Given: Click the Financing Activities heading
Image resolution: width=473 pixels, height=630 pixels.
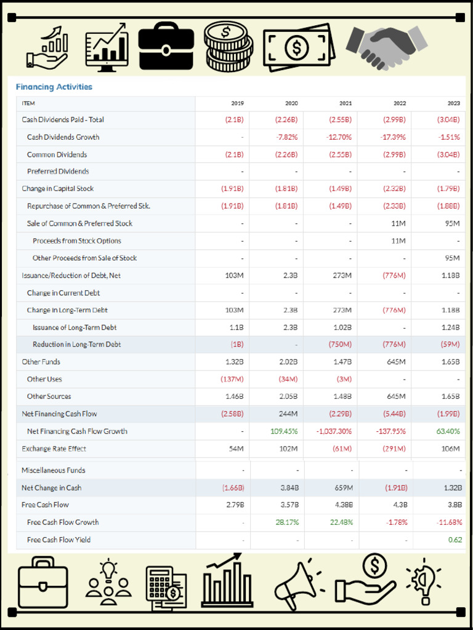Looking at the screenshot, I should click(x=54, y=87).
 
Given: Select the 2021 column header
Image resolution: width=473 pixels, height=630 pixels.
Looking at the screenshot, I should click(x=346, y=103).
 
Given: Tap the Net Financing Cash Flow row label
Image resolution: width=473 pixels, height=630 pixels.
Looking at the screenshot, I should click(x=59, y=413).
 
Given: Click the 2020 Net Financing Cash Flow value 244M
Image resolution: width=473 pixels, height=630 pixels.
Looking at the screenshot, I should click(x=287, y=413).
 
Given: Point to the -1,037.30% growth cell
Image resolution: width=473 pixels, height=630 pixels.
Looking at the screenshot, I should click(x=334, y=431).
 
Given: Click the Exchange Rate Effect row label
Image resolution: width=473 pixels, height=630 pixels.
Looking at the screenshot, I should click(x=54, y=449).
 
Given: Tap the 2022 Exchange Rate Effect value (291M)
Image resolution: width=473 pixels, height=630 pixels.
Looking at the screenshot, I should click(x=394, y=449).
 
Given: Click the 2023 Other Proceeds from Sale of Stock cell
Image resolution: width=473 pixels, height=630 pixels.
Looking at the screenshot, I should click(x=451, y=258).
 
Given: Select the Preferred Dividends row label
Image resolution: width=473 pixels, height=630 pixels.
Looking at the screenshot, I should click(x=58, y=171).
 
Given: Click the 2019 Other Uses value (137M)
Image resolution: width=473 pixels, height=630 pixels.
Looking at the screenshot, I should click(x=232, y=379).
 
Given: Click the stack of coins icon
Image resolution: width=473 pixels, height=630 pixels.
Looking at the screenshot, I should click(x=228, y=46).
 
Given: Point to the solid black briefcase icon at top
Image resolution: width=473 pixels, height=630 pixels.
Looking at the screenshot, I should click(x=166, y=46).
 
